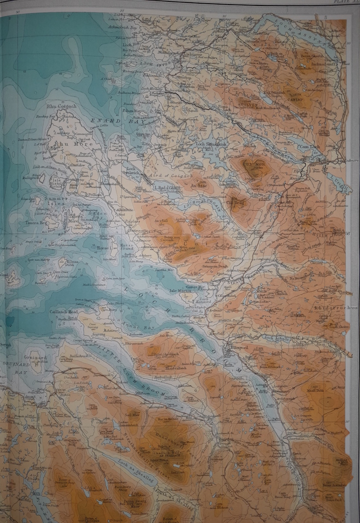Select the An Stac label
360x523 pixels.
(x=198, y=185)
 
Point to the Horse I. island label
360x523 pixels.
(x=104, y=248)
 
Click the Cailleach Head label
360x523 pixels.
(x=67, y=312)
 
